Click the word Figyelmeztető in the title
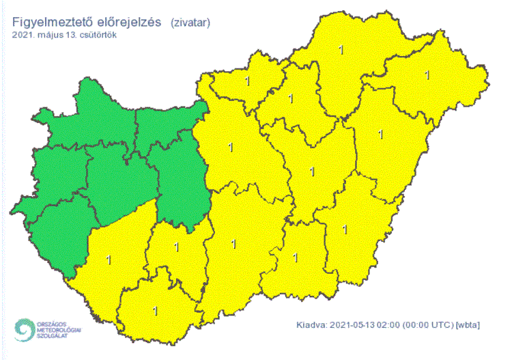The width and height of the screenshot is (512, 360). pos(54,23)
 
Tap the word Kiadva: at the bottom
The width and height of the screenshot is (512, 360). pos(313,324)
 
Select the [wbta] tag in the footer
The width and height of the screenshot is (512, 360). pos(467,324)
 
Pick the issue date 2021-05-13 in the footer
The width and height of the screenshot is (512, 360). pos(354,324)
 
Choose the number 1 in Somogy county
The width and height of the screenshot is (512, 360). pos(110,259)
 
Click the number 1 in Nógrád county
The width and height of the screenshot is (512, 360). pos(246,81)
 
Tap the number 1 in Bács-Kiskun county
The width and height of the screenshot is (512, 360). pos(233,243)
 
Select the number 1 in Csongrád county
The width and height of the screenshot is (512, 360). pos(295,258)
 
